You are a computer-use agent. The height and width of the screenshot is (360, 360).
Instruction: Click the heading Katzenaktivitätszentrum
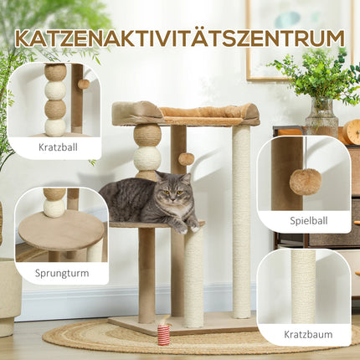(179, 39)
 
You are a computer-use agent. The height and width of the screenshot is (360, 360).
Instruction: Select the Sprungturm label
(61, 273)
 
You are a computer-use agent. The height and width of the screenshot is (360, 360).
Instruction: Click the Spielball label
(304, 221)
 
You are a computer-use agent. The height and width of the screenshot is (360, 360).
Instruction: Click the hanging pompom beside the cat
(186, 159)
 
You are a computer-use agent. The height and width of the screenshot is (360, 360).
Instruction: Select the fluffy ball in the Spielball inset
(305, 181)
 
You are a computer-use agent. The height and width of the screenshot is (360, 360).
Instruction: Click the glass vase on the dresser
(321, 117)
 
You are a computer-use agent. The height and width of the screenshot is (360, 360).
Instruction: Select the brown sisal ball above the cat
(147, 134)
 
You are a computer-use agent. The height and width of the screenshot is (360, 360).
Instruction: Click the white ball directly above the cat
(147, 157)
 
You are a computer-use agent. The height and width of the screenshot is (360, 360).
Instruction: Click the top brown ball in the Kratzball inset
(55, 73)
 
